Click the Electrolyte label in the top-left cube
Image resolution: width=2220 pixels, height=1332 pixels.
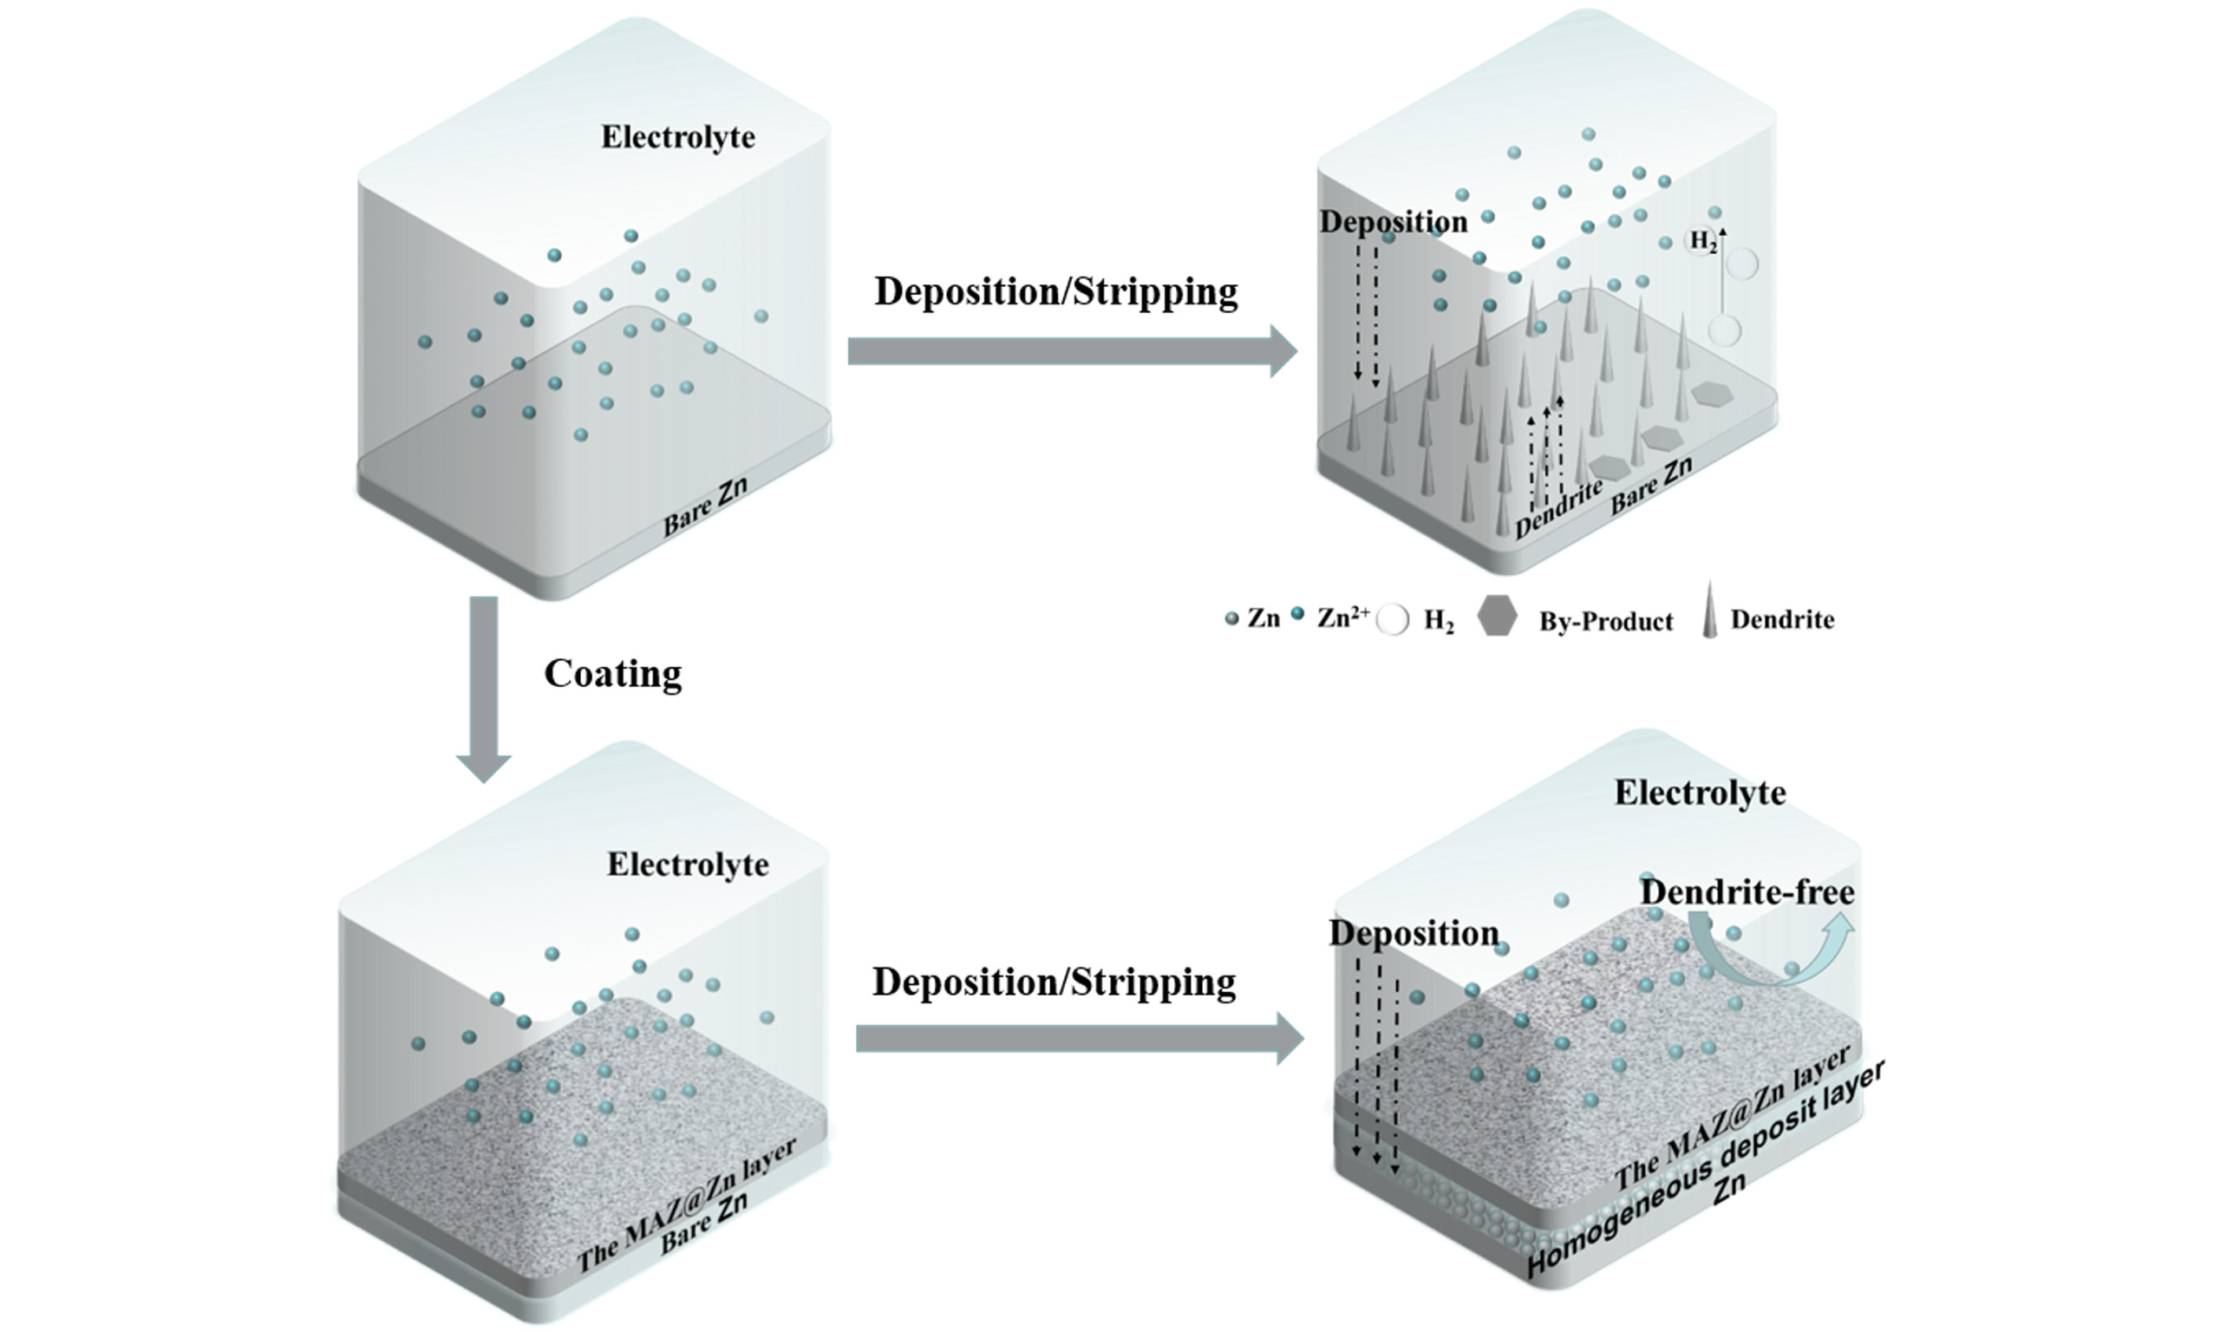coord(677,137)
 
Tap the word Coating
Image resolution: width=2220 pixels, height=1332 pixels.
coord(613,673)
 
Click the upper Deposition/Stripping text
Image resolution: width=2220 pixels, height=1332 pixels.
coord(1056,291)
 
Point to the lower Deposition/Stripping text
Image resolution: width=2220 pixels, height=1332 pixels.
coord(1054,982)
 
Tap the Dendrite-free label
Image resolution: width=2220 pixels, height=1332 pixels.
coord(1747,892)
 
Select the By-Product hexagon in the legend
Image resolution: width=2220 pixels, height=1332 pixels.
coord(1497,617)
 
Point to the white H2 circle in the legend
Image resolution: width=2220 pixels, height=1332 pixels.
coord(1393,620)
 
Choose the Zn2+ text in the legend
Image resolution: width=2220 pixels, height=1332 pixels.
coord(1342,617)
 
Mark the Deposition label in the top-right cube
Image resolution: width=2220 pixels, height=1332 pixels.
coord(1393,222)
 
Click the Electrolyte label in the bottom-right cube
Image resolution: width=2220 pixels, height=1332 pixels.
coord(1700,793)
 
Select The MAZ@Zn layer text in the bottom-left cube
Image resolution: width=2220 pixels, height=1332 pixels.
coord(686,1205)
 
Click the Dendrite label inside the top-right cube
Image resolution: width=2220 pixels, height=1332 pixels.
coord(1558,509)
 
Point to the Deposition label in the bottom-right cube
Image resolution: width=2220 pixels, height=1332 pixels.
coord(1414,933)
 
